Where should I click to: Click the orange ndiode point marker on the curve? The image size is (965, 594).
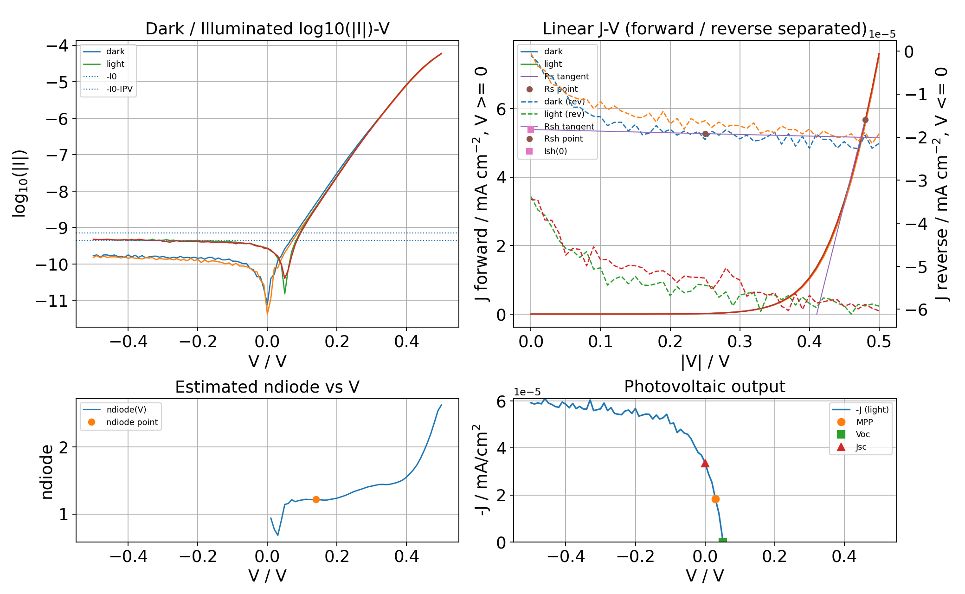[x=316, y=499]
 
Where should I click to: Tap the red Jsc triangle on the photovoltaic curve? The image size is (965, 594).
[x=705, y=463]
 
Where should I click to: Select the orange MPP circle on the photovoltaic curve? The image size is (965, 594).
[x=715, y=499]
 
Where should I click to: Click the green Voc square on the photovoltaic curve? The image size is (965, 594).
[x=722, y=541]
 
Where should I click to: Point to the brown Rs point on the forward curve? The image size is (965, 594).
[x=865, y=120]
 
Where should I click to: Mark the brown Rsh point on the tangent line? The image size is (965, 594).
[x=705, y=134]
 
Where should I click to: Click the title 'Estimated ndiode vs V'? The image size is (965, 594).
[x=267, y=387]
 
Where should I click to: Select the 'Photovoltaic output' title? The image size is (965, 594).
[x=704, y=387]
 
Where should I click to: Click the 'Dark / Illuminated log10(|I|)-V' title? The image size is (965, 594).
[x=267, y=29]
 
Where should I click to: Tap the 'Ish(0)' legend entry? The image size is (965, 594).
[x=555, y=151]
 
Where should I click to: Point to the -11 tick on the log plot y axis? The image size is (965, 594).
[x=51, y=301]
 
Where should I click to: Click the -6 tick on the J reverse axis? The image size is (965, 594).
[x=916, y=310]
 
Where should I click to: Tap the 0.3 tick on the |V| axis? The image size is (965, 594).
[x=740, y=342]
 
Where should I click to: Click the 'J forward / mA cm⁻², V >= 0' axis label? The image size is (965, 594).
[x=482, y=184]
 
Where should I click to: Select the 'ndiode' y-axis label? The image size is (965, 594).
[x=47, y=471]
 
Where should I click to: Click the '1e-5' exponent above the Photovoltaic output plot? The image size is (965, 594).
[x=527, y=392]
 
